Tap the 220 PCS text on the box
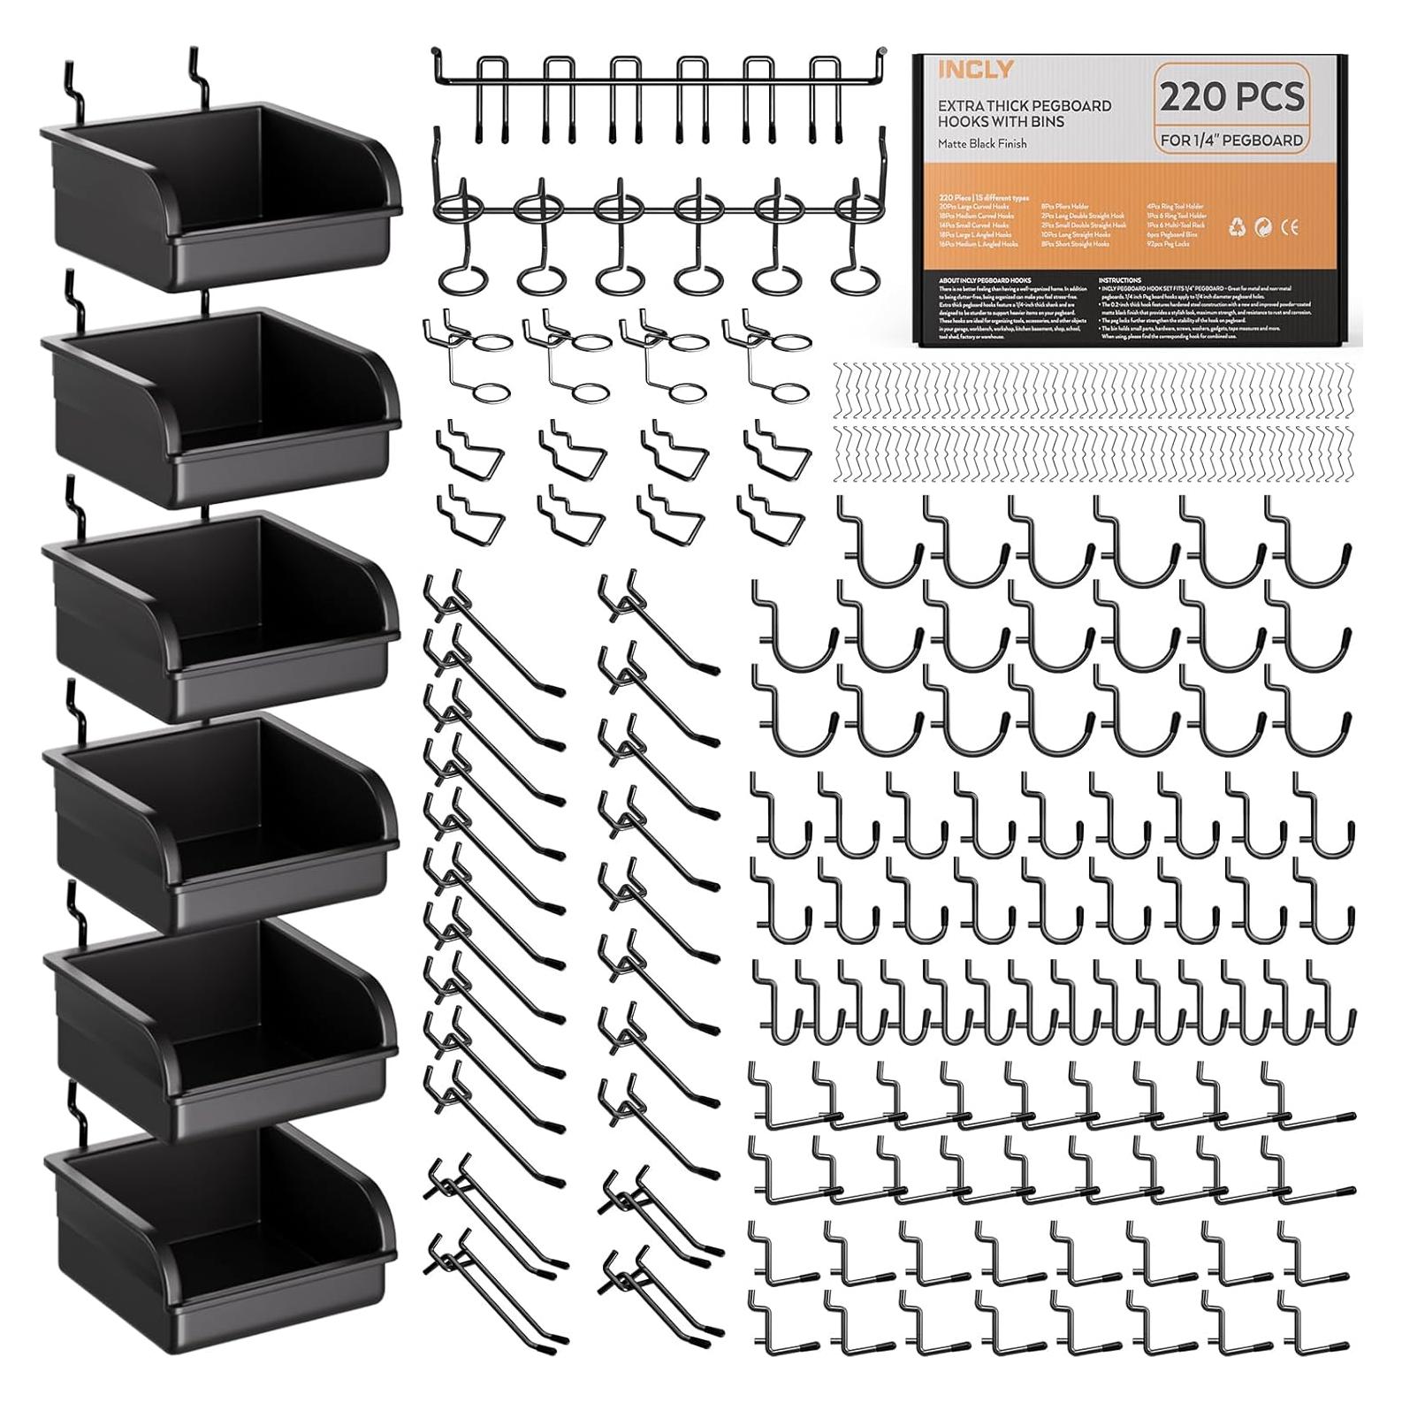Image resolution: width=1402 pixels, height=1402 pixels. [1231, 96]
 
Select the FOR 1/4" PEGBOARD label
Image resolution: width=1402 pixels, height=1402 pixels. [1231, 140]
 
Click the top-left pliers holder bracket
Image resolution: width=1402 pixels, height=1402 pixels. [469, 447]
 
